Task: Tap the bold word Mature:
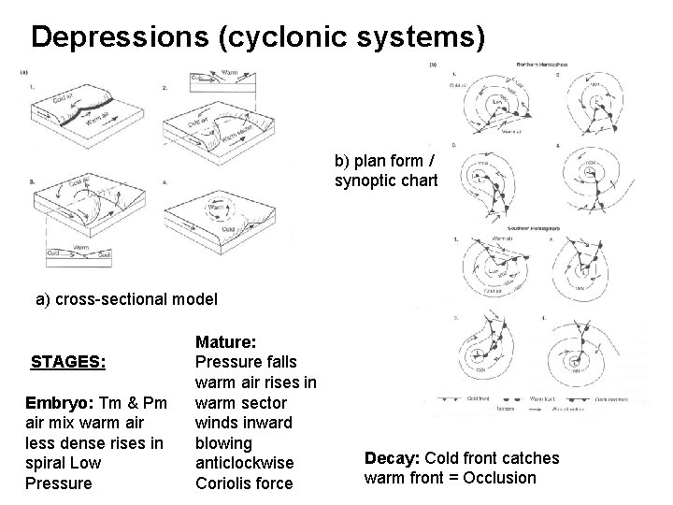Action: point(225,341)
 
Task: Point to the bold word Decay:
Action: point(393,458)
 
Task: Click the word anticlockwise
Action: point(245,463)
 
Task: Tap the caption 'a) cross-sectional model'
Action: point(126,299)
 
